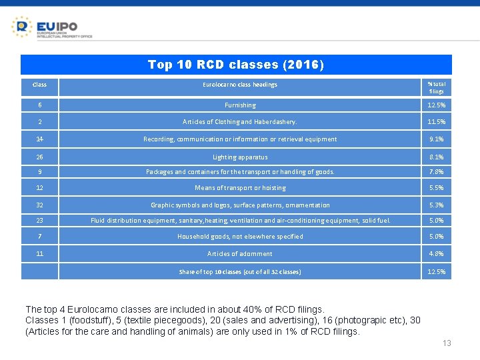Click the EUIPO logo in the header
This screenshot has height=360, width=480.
(x=51, y=27)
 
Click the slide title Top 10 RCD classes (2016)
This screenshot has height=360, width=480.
(x=236, y=65)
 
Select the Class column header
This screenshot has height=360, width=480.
(x=39, y=85)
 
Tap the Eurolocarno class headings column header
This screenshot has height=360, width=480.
(x=240, y=85)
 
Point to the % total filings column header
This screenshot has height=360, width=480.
(x=437, y=87)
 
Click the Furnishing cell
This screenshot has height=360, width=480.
(x=240, y=105)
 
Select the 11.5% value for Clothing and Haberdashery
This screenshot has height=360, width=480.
(x=437, y=122)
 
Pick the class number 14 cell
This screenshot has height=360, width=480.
(x=39, y=139)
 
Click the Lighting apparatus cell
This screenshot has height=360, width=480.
(x=240, y=157)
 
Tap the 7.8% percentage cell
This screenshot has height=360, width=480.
(x=437, y=172)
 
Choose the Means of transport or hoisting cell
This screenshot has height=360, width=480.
(x=240, y=188)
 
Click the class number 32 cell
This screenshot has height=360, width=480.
(x=39, y=205)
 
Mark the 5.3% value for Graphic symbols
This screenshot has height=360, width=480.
(x=437, y=205)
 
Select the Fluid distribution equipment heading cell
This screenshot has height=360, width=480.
(x=240, y=221)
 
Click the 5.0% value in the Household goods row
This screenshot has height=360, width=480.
(x=437, y=237)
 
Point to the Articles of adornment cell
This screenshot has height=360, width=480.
(x=240, y=254)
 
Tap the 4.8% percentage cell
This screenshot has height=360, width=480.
(x=437, y=254)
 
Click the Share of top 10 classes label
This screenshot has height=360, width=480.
(x=240, y=272)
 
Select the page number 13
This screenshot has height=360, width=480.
(x=447, y=343)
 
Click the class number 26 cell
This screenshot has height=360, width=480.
(x=39, y=157)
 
